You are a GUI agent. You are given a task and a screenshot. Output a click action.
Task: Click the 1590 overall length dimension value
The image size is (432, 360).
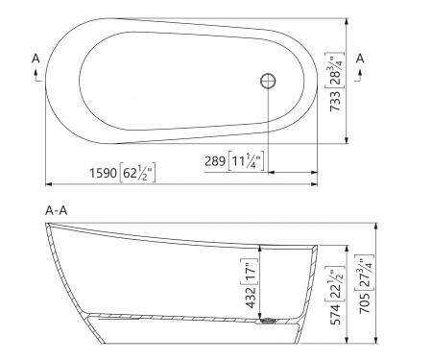103,173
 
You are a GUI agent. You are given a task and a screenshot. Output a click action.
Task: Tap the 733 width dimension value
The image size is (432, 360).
335,101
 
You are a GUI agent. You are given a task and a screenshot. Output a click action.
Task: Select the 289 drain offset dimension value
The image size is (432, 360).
215,161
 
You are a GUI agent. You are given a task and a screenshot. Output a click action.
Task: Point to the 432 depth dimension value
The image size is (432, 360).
252,298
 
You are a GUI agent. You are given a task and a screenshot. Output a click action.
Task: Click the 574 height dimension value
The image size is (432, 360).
335,314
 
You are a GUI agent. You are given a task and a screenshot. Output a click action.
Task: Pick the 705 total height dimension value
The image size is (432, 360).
365,302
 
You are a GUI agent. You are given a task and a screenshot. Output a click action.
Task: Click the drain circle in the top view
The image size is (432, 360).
268,81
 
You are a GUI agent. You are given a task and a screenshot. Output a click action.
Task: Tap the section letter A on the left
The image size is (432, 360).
36,59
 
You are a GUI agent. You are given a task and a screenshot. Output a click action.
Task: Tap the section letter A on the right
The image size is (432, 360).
360,59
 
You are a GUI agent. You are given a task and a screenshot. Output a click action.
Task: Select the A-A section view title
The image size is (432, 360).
57,210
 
